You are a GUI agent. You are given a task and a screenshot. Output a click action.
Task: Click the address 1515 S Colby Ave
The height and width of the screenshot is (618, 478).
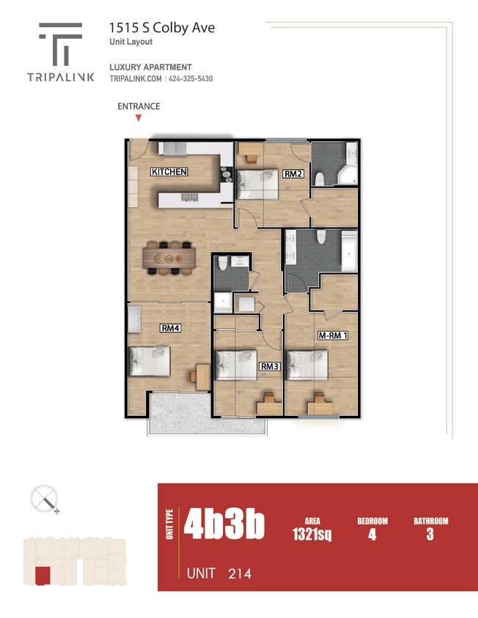[x=162, y=28]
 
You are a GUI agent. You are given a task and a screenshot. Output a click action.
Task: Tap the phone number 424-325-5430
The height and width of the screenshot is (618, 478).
[x=191, y=79]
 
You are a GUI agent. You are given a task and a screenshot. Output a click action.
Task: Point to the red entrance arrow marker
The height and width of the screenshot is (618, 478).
[x=139, y=117]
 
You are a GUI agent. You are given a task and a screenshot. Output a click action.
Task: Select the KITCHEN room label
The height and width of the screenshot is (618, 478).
[x=169, y=172]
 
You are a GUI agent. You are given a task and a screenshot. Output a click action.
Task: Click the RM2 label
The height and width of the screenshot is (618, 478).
[x=293, y=174]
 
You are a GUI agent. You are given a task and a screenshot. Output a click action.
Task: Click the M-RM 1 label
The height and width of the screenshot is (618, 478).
[x=333, y=335]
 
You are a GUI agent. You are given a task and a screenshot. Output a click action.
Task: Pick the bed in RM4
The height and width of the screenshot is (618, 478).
[x=150, y=362]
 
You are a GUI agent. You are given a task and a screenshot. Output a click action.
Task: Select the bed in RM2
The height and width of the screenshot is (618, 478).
[x=256, y=182]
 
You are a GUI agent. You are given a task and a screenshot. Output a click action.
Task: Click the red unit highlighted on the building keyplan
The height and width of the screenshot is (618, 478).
[x=44, y=576]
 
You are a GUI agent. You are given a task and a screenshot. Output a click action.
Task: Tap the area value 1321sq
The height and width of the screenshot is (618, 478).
[x=312, y=535]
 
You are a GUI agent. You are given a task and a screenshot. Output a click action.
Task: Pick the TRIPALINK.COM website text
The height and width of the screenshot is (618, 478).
[x=135, y=79]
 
